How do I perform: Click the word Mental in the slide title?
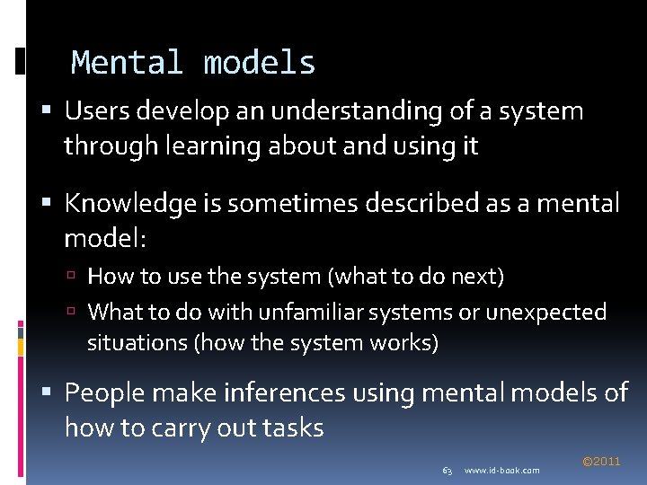pyautogui.click(x=127, y=63)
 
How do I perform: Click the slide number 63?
pyautogui.click(x=447, y=471)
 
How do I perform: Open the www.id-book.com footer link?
pyautogui.click(x=502, y=471)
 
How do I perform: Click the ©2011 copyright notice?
pyautogui.click(x=601, y=462)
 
